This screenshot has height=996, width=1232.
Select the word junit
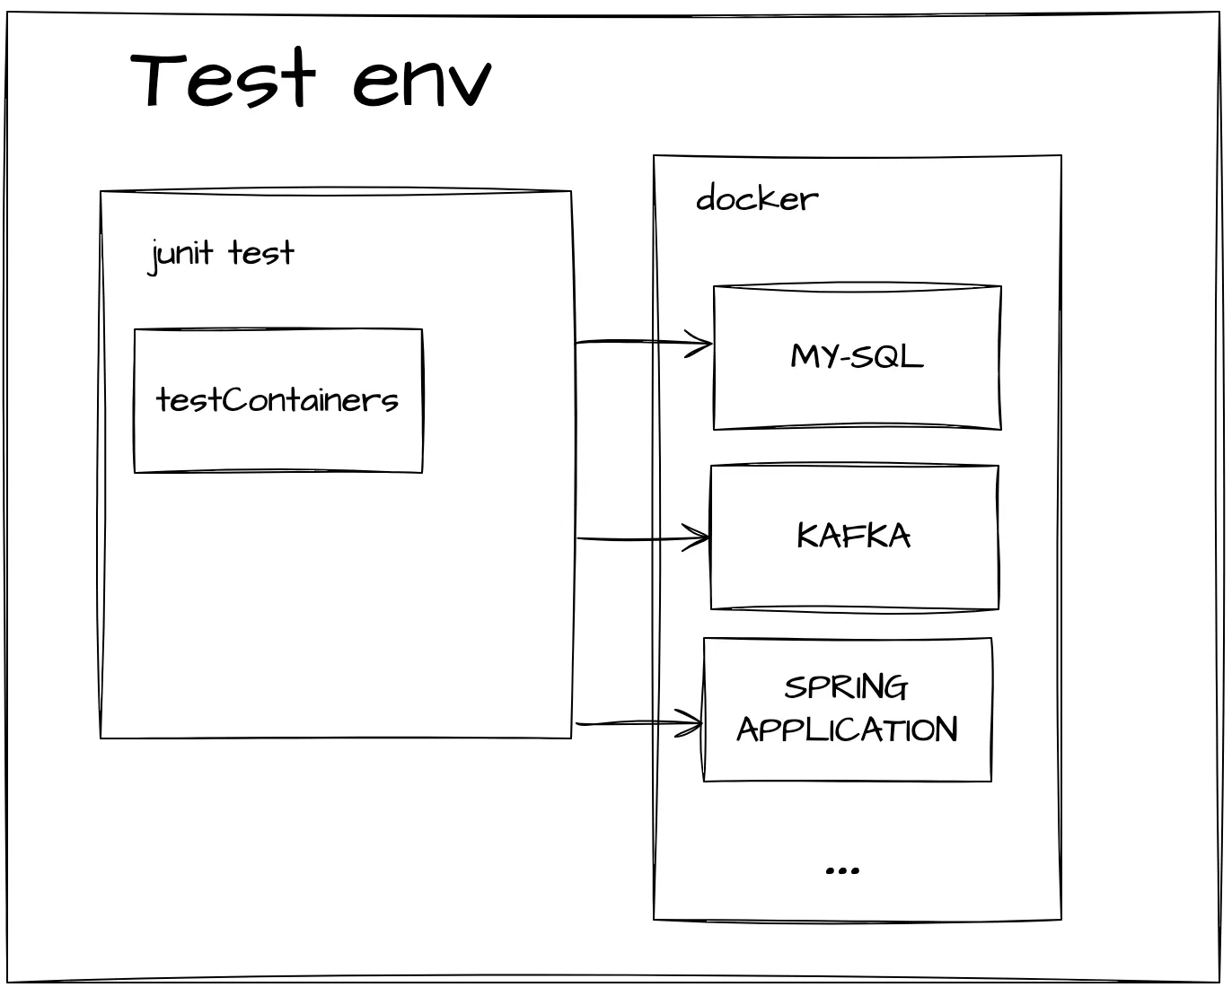[x=182, y=254]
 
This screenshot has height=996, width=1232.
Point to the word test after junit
[x=261, y=254]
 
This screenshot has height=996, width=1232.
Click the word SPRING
[x=846, y=688]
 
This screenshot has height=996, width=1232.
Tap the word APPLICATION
[x=848, y=730]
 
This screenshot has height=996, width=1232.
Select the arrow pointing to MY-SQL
[x=642, y=342]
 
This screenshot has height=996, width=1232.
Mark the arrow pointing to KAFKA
[x=642, y=538]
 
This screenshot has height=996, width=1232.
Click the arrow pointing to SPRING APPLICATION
[x=638, y=723]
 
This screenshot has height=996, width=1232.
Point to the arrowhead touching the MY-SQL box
[x=702, y=343]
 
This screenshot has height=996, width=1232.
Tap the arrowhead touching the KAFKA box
[x=700, y=538]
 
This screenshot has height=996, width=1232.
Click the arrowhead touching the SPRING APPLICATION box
[x=693, y=723]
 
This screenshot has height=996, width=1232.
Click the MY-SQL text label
[x=857, y=357]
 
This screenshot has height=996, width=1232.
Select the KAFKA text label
[x=854, y=537]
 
